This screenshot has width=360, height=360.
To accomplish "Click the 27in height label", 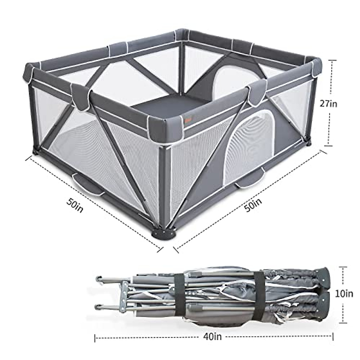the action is tap(328, 103).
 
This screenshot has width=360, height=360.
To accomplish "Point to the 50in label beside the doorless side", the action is tap(75, 205).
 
